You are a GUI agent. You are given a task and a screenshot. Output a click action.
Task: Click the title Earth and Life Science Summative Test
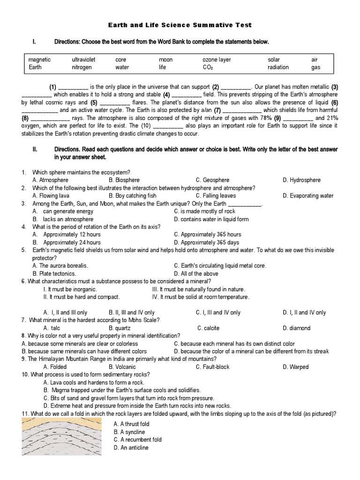click(x=180, y=24)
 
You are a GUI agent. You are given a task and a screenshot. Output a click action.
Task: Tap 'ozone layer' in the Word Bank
click(x=217, y=60)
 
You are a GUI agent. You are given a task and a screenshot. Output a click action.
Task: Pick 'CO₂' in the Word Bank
click(x=208, y=67)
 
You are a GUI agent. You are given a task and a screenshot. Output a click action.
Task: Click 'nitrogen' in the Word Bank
click(x=82, y=67)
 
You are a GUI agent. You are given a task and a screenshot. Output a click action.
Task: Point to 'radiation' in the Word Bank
click(x=278, y=67)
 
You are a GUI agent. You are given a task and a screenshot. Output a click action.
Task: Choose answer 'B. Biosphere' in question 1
click(x=124, y=180)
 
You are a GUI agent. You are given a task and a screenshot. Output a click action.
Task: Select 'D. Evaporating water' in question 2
click(x=308, y=195)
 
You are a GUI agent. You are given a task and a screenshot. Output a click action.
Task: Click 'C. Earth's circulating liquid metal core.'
click(x=220, y=265)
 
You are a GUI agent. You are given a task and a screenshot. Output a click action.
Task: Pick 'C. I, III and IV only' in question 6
click(x=218, y=312)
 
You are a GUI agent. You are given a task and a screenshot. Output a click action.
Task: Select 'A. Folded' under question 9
click(x=55, y=367)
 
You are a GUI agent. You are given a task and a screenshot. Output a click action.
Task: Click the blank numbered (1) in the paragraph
click(x=73, y=87)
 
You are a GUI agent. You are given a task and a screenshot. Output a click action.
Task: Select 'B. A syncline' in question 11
click(x=129, y=432)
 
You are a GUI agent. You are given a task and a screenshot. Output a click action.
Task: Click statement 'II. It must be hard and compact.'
click(x=82, y=297)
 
